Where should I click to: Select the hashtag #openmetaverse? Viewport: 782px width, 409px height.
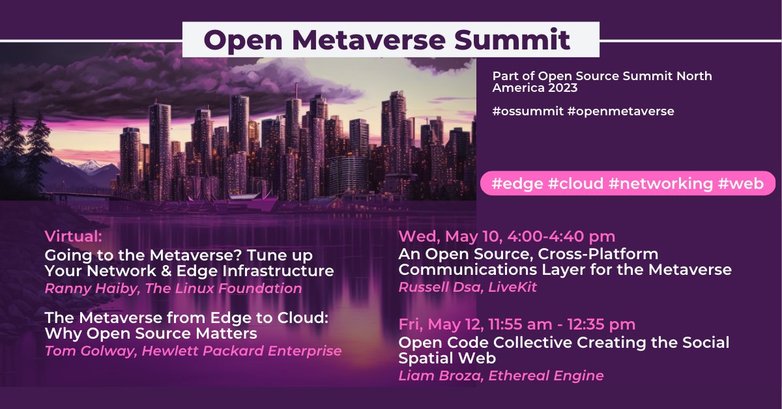click(621, 111)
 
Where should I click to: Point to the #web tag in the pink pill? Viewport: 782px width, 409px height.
click(741, 184)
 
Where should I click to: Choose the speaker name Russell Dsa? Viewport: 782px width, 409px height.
click(433, 287)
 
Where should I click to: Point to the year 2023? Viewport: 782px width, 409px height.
click(560, 88)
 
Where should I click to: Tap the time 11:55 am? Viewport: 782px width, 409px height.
click(538, 324)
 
